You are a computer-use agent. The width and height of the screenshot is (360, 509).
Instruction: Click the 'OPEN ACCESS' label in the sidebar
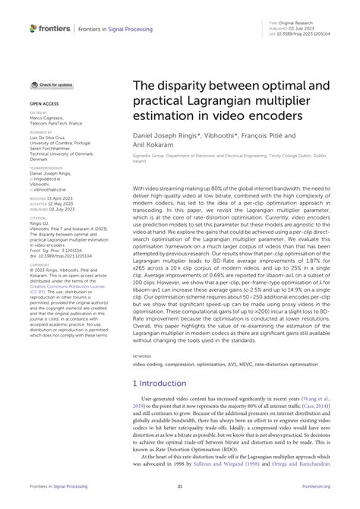coord(44,100)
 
